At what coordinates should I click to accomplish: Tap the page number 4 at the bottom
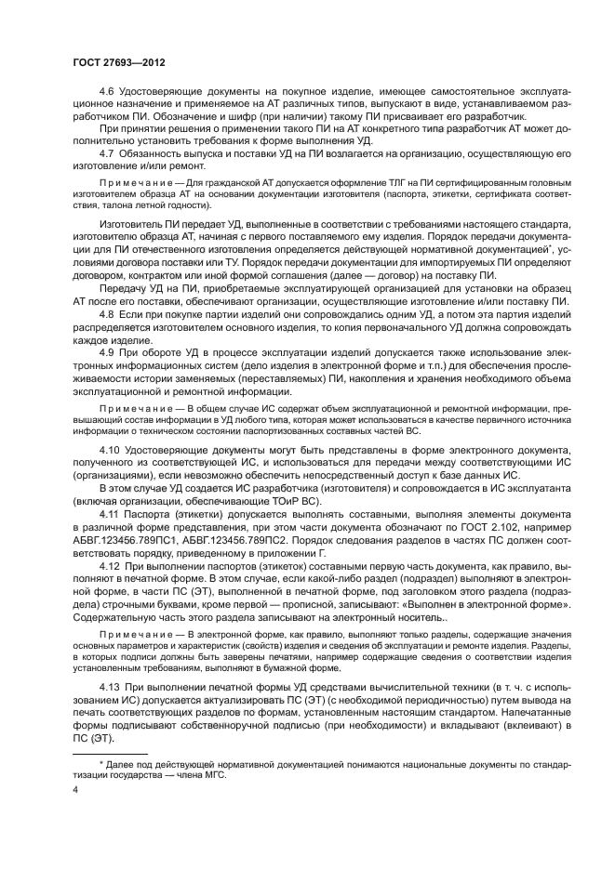pos(74,789)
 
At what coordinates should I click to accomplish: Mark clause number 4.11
pos(109,514)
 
